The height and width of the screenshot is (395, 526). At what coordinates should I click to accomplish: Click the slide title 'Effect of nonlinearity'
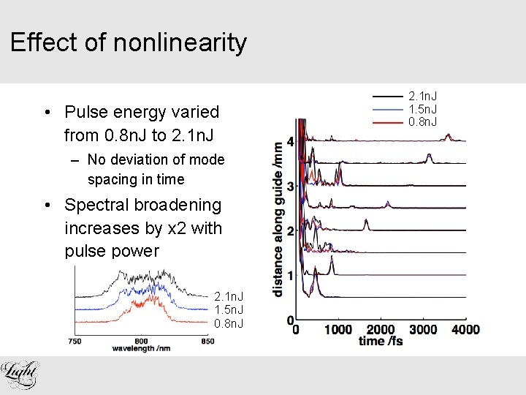(129, 43)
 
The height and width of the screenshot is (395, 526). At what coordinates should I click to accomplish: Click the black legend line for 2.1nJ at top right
(387, 97)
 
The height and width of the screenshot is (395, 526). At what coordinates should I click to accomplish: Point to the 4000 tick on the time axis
(465, 330)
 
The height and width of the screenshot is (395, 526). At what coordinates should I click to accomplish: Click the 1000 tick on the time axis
(338, 330)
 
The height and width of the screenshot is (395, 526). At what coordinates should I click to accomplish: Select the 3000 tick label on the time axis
(422, 330)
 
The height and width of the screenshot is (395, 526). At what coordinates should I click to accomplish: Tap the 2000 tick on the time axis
(381, 330)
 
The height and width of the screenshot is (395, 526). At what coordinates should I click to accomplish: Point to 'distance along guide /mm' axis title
(278, 217)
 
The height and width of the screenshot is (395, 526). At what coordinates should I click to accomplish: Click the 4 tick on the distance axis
(291, 141)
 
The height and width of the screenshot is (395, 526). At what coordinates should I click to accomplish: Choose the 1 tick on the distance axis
(291, 276)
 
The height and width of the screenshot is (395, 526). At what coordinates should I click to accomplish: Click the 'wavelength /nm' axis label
(142, 348)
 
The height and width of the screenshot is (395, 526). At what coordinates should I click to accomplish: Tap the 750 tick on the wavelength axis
(75, 340)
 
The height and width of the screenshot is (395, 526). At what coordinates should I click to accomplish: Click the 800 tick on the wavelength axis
(142, 340)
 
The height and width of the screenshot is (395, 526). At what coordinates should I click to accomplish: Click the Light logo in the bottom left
(20, 374)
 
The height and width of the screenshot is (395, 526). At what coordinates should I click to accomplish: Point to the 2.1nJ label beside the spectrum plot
(229, 297)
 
